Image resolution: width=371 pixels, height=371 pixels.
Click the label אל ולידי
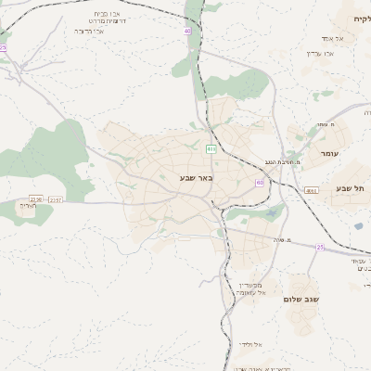pyautogui.click(x=250, y=345)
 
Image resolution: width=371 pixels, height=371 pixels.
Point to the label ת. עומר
pyautogui.click(x=324, y=124)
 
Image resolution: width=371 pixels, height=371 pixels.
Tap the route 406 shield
pyautogui.click(x=311, y=190)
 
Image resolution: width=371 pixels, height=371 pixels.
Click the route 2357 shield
pyautogui.click(x=56, y=199)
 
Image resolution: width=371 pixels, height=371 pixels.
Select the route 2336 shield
pyautogui.click(x=36, y=198)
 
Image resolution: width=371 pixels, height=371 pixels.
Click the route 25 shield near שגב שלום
pyautogui.click(x=320, y=247)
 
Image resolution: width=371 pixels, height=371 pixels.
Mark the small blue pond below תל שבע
pyautogui.click(x=358, y=225)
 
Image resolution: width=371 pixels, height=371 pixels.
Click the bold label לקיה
pyautogui.click(x=361, y=19)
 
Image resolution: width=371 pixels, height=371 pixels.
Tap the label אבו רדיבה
pyautogui.click(x=88, y=31)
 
